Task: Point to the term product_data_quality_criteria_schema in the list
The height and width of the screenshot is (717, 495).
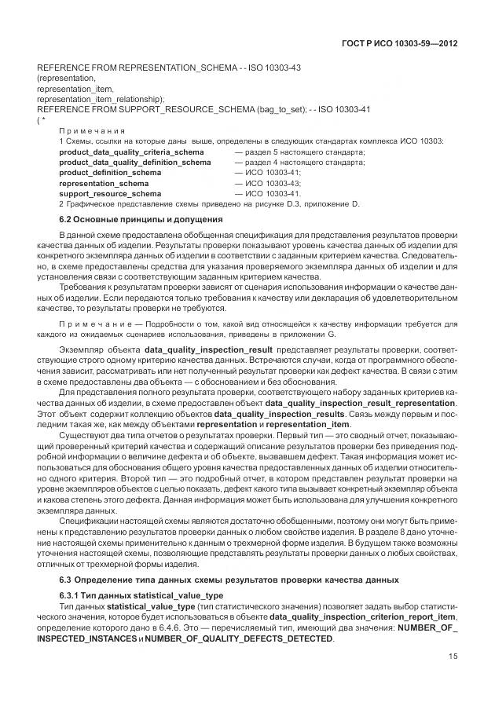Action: [x=131, y=152]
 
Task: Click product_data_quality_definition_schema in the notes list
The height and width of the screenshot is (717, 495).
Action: [x=134, y=162]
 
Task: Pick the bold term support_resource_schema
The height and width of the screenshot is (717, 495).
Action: [x=110, y=193]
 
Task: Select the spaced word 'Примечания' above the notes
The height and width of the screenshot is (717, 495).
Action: [x=93, y=130]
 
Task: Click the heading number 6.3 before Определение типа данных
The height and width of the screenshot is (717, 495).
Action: [x=66, y=580]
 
